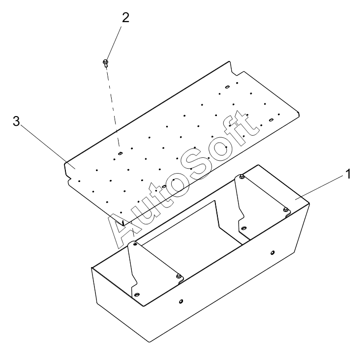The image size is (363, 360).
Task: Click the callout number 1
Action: [348, 174]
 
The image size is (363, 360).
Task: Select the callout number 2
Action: [125, 18]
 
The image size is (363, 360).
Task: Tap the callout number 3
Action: [16, 121]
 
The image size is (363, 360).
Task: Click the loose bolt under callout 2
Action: [106, 63]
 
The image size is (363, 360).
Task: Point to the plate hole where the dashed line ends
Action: [120, 153]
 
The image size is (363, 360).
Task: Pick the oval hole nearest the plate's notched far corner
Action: [228, 87]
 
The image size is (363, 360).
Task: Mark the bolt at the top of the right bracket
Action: [242, 177]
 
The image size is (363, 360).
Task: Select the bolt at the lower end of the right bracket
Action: [285, 210]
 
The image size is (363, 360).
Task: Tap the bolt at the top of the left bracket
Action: [135, 243]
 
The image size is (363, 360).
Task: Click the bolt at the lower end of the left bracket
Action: [179, 276]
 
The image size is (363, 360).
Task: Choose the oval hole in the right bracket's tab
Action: [243, 228]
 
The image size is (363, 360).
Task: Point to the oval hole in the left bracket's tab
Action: [137, 295]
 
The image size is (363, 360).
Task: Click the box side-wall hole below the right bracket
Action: [272, 252]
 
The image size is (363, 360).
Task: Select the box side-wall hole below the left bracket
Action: [181, 301]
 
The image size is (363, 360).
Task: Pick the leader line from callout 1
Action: [320, 187]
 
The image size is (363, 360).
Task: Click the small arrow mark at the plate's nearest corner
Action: [123, 223]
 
